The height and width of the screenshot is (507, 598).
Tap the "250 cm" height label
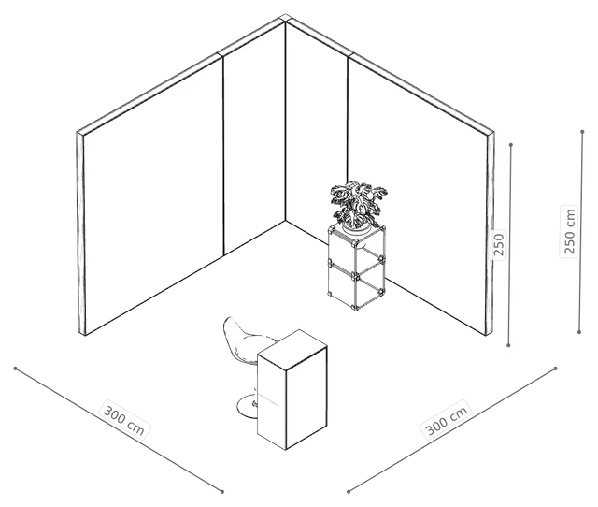[x=569, y=231]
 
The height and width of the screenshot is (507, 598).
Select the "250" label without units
[x=498, y=245]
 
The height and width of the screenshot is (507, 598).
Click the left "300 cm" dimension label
[x=124, y=418]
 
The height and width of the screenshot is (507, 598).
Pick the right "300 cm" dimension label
[x=446, y=420]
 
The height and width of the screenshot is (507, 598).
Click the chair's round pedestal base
[x=247, y=406]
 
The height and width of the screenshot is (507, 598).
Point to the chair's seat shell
[x=243, y=340]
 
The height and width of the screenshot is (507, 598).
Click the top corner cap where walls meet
[x=285, y=19]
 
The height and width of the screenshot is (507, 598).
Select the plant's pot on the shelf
[x=357, y=228]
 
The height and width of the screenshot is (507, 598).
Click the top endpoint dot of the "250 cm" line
[x=582, y=132]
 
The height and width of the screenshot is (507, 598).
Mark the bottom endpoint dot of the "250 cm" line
[x=579, y=332]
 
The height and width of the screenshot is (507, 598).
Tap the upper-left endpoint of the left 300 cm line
[x=15, y=369]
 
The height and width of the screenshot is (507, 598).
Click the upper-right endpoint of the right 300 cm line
[x=556, y=369]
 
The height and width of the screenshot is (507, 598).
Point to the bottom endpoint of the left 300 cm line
[x=222, y=491]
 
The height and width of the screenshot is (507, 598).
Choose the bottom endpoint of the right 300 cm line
[x=349, y=491]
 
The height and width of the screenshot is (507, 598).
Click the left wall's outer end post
[x=81, y=234]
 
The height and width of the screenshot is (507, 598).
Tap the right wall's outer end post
[x=490, y=234]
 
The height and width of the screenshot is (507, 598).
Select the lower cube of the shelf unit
[x=357, y=284]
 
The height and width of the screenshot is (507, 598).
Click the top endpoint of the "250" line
[x=511, y=145]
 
